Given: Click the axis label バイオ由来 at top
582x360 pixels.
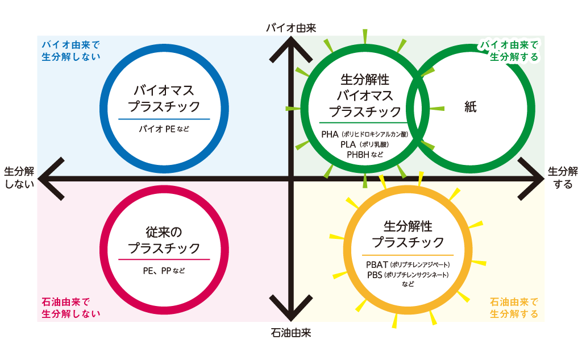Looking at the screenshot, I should click(292, 27).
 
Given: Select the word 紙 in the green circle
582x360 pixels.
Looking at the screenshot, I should click(470, 107).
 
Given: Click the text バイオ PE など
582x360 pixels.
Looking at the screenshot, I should click(164, 129).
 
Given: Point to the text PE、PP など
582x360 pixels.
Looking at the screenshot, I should click(164, 271).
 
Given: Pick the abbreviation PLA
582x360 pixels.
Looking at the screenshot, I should click(348, 144).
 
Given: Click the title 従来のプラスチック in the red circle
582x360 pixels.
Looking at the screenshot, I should click(164, 240).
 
